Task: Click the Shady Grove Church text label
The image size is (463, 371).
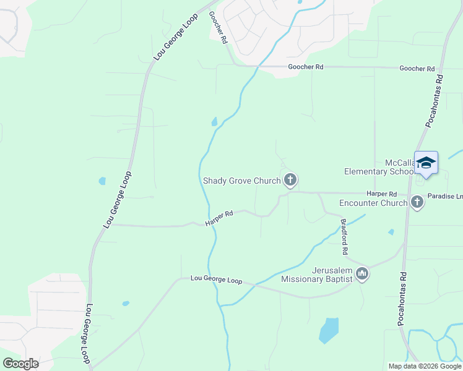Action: tap(242, 181)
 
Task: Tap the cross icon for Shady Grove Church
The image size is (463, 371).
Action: tap(290, 181)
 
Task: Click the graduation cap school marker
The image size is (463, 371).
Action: tap(426, 163)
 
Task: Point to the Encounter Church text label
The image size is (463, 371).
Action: tap(373, 202)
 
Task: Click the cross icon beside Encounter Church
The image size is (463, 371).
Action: tap(417, 202)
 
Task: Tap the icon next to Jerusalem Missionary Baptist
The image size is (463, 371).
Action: tap(362, 273)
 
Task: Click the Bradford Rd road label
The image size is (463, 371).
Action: tap(344, 237)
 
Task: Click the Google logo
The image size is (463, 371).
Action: tap(21, 364)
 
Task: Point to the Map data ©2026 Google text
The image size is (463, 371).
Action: tap(425, 366)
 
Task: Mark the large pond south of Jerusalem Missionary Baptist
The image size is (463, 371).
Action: tap(329, 330)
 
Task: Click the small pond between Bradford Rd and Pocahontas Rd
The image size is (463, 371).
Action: tap(391, 232)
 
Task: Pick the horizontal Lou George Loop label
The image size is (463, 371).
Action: tap(216, 280)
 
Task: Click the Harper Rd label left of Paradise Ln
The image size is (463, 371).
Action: tap(381, 194)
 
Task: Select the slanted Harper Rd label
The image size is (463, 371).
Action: tap(219, 218)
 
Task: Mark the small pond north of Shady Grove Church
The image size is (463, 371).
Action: tap(215, 122)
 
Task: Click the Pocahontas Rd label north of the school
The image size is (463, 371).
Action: tap(435, 101)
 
